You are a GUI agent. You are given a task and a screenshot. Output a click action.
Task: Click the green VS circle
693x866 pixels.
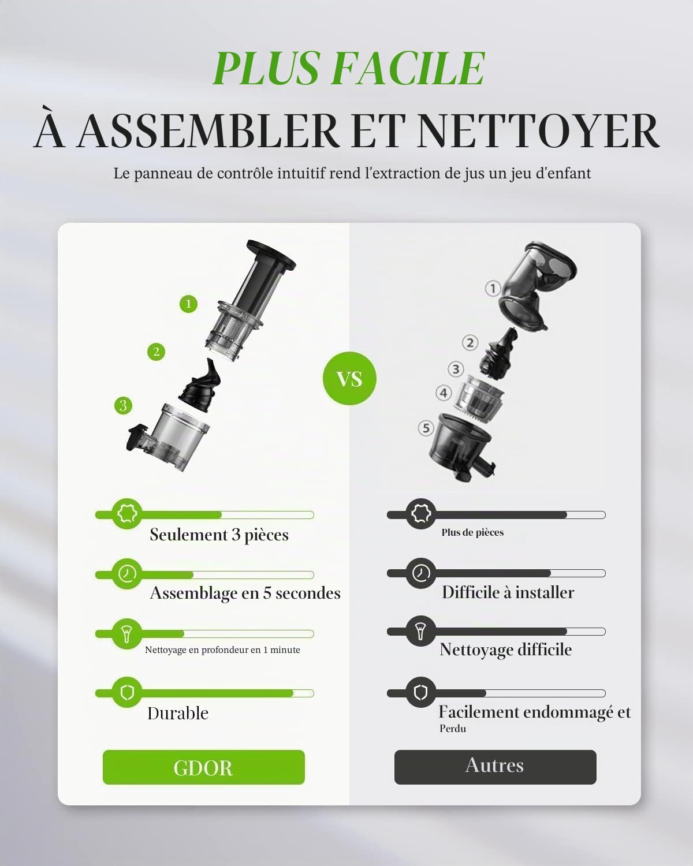pyautogui.click(x=349, y=378)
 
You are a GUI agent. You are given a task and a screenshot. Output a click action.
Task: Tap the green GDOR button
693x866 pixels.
pyautogui.click(x=204, y=767)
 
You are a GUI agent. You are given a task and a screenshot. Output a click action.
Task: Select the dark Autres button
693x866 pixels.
pyautogui.click(x=495, y=767)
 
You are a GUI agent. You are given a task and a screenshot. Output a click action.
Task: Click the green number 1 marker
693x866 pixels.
pyautogui.click(x=188, y=304)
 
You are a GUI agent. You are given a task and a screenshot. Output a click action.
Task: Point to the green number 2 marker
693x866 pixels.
pyautogui.click(x=157, y=352)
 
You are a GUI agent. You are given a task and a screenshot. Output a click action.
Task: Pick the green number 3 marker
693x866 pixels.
pyautogui.click(x=123, y=406)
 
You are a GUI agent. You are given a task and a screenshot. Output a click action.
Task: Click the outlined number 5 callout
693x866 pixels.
pyautogui.click(x=426, y=428)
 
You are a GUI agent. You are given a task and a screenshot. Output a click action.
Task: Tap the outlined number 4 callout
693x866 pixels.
pyautogui.click(x=444, y=393)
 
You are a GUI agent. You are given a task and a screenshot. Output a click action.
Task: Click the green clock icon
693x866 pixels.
pyautogui.click(x=127, y=573)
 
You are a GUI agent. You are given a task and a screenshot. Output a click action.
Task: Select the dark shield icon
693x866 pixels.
pyautogui.click(x=421, y=693)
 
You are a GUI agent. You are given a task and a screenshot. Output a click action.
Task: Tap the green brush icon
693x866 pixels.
pyautogui.click(x=127, y=634)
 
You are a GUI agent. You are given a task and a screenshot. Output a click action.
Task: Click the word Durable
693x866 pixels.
pyautogui.click(x=178, y=714)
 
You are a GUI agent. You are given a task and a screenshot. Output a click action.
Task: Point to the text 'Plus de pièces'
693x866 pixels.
pyautogui.click(x=472, y=532)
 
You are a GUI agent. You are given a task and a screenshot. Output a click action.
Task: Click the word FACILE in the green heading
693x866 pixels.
pyautogui.click(x=408, y=68)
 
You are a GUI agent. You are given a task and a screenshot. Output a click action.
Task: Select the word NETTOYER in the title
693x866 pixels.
pyautogui.click(x=538, y=132)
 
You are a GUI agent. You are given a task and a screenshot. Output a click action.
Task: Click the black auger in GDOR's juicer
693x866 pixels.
pyautogui.click(x=200, y=385)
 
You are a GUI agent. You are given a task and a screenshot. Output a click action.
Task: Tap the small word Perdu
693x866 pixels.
pyautogui.click(x=453, y=729)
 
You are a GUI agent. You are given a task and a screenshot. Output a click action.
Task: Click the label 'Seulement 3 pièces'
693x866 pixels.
pyautogui.click(x=219, y=535)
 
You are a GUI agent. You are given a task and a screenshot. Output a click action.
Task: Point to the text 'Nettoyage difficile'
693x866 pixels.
pyautogui.click(x=506, y=649)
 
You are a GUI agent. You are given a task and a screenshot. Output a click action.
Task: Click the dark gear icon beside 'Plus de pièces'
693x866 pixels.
pyautogui.click(x=421, y=514)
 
